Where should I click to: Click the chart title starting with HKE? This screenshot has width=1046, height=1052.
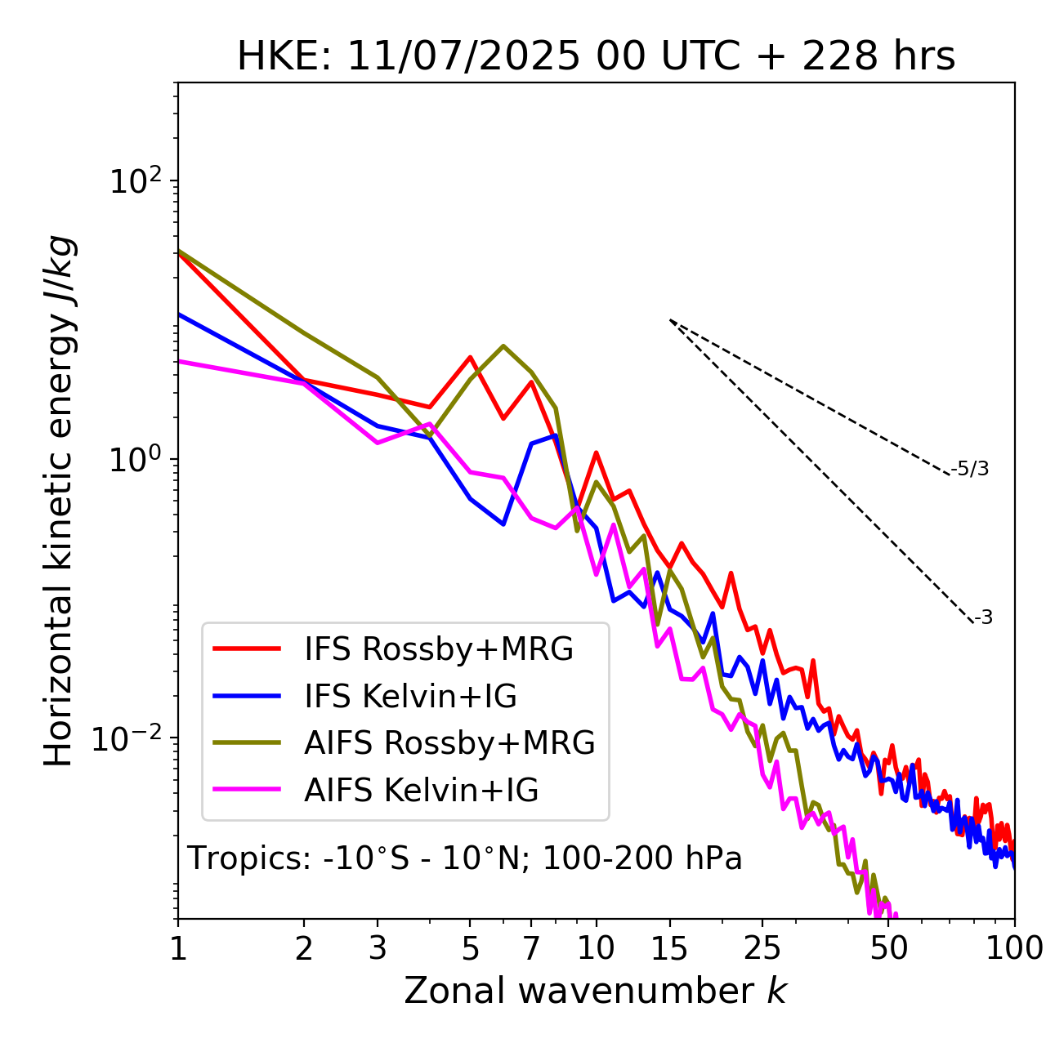pyautogui.click(x=596, y=56)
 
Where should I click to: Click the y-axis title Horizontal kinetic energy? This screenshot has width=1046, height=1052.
pyautogui.click(x=59, y=501)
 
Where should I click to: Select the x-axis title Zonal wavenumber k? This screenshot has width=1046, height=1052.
pyautogui.click(x=596, y=990)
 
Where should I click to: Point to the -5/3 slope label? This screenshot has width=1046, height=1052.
pyautogui.click(x=970, y=469)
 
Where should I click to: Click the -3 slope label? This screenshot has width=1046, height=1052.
pyautogui.click(x=983, y=618)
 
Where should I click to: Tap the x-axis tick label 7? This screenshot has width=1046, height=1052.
pyautogui.click(x=531, y=948)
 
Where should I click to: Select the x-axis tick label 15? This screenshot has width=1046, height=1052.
pyautogui.click(x=669, y=948)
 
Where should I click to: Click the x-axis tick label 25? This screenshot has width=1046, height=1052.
pyautogui.click(x=762, y=948)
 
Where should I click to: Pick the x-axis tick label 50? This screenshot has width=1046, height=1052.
pyautogui.click(x=889, y=948)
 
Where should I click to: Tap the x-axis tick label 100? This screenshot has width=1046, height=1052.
pyautogui.click(x=1014, y=948)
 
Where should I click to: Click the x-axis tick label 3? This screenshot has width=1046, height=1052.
pyautogui.click(x=378, y=948)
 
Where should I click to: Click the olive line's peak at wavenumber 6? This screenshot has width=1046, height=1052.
pyautogui.click(x=503, y=346)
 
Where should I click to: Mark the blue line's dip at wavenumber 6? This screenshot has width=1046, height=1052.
pyautogui.click(x=503, y=524)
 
